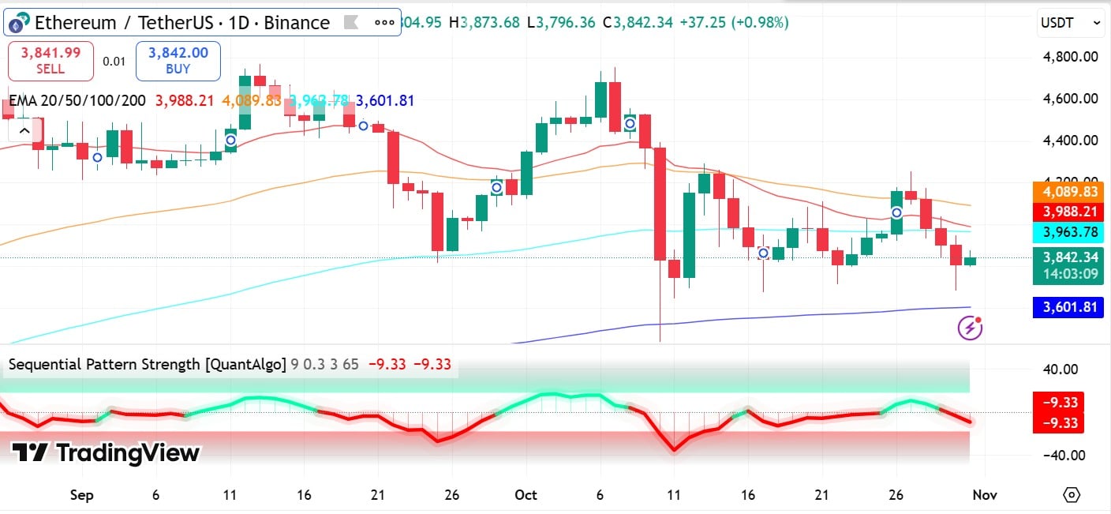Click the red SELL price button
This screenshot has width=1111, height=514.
50,61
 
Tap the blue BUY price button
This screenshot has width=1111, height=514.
178,61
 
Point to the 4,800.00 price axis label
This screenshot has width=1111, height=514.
1069,57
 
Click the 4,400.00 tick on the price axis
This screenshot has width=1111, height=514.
1069,141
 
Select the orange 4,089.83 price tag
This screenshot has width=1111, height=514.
1068,192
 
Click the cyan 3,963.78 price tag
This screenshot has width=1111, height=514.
1068,232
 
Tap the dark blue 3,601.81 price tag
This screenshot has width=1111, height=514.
1068,307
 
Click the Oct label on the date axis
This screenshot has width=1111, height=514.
526,495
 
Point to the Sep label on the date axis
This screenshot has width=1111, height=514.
81,495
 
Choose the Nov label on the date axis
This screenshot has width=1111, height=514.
985,495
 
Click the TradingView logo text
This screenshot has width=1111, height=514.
106,453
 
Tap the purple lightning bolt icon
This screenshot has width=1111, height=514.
970,327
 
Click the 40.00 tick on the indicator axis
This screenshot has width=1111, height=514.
1061,369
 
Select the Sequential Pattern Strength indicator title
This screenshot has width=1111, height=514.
147,364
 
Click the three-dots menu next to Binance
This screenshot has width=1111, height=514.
384,23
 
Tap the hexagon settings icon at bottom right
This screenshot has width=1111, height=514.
1072,495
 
